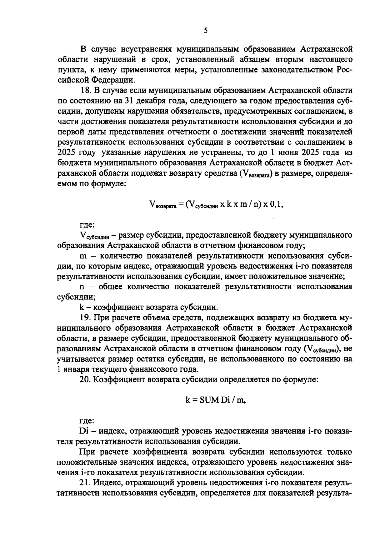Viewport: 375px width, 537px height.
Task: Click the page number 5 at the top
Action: (x=205, y=30)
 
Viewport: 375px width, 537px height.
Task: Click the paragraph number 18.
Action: (x=85, y=91)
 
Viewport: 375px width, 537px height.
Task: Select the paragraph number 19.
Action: (x=85, y=318)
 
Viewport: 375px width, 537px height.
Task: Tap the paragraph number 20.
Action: (x=85, y=380)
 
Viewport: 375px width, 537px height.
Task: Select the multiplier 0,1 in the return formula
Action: (x=276, y=204)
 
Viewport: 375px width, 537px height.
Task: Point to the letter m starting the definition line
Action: (x=83, y=256)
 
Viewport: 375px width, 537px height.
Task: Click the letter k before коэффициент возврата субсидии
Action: (x=82, y=307)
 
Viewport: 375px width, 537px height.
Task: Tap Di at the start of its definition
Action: (x=84, y=431)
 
